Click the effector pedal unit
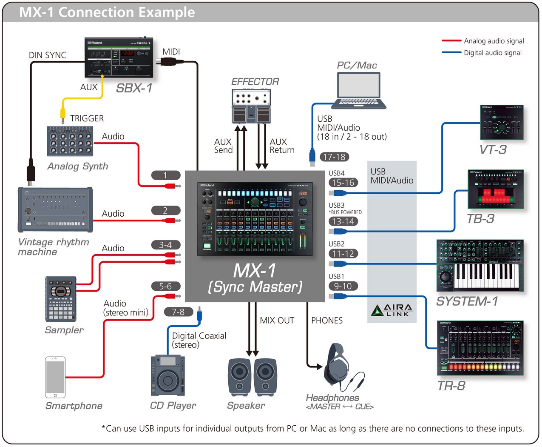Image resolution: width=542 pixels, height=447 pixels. (251, 107)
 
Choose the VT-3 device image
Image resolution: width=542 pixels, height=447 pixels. (502, 123)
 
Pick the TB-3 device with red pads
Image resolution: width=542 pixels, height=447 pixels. (496, 189)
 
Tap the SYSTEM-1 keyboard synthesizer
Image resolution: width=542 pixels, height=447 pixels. (480, 266)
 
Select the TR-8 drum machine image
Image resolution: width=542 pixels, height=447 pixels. (480, 348)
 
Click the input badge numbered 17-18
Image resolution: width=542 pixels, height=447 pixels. (334, 157)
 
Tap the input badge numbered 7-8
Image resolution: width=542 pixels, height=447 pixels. (178, 312)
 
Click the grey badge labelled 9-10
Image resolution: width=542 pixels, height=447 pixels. (343, 286)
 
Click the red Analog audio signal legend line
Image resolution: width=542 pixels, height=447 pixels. (451, 41)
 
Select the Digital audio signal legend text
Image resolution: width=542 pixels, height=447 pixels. (493, 53)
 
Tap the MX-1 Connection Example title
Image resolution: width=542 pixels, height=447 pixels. (107, 12)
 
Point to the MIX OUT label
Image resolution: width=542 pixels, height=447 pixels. (277, 321)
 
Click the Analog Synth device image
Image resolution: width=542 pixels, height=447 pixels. (70, 141)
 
